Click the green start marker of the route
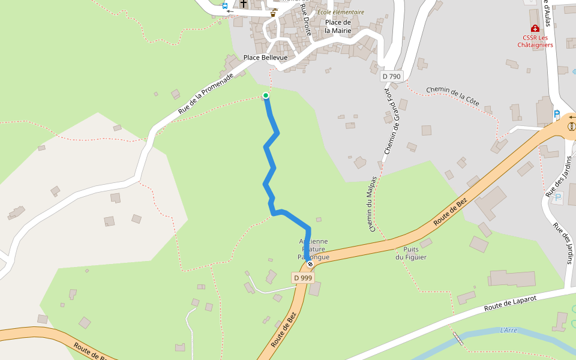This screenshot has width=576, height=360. coord(266,95)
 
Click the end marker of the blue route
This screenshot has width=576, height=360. coord(310,264)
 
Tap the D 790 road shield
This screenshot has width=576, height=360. coord(391,76)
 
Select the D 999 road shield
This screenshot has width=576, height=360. coord(304,278)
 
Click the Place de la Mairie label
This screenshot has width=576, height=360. coord(338,26)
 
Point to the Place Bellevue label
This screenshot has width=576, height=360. coord(265,58)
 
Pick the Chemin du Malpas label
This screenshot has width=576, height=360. coord(373,204)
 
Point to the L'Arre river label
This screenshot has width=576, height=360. coord(508,330)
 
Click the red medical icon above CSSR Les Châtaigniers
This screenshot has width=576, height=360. coord(535,28)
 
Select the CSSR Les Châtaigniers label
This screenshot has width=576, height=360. coord(535,41)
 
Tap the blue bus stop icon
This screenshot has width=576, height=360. coord(225,6)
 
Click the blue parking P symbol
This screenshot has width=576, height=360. coord(557,113)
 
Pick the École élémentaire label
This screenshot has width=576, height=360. coord(341,12)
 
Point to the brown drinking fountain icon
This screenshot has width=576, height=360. coord(274,13)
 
